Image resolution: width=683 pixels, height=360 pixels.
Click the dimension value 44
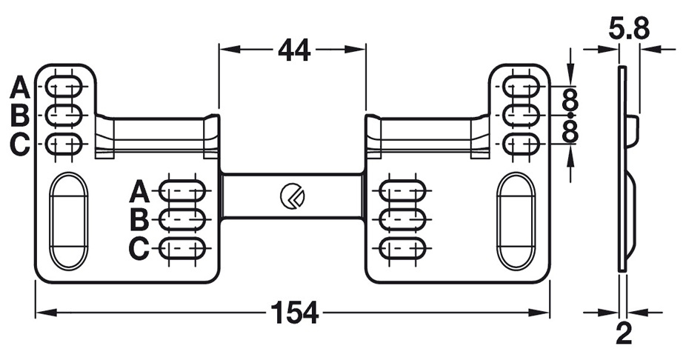[293, 50]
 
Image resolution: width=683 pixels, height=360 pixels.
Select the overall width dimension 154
[293, 313]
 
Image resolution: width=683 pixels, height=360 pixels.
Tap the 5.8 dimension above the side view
[629, 29]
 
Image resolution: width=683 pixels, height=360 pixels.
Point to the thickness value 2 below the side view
[624, 334]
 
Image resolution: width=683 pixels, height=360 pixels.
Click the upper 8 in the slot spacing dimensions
[570, 100]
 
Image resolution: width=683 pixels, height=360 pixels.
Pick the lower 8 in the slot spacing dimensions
[570, 131]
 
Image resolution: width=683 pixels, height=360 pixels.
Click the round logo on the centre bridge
[290, 196]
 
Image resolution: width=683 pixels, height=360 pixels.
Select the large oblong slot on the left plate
[68, 221]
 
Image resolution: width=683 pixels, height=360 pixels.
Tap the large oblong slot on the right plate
[516, 221]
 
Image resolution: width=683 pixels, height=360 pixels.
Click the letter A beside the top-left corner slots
[19, 88]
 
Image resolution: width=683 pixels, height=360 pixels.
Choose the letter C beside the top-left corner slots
[19, 144]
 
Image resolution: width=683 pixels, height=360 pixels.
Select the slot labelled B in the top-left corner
[64, 116]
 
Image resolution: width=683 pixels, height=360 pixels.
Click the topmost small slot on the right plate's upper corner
[522, 87]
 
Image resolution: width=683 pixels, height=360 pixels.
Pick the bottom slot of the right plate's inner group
[402, 247]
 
